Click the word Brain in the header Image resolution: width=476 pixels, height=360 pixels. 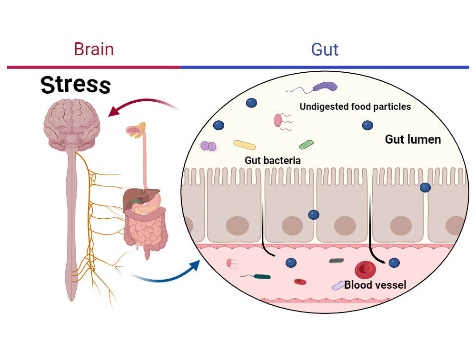[94, 49]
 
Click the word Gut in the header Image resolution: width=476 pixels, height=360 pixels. [325, 49]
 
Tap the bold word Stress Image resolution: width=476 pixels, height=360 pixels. [76, 85]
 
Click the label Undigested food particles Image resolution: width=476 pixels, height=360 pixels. [355, 107]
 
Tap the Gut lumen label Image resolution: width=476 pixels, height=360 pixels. [413, 140]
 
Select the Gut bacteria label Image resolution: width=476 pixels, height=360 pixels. [273, 161]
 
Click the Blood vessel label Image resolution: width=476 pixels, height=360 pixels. [375, 285]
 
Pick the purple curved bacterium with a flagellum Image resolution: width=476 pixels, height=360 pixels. [325, 87]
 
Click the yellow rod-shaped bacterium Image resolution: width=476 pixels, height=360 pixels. [245, 145]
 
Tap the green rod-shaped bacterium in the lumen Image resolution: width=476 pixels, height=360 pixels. [306, 144]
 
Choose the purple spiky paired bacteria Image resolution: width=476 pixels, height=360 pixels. [208, 146]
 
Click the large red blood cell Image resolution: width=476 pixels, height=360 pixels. [365, 270]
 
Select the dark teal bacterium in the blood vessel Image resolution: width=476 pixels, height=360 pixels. [262, 276]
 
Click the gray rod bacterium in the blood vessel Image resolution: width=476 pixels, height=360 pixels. [337, 261]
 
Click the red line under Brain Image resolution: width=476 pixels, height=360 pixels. [94, 68]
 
